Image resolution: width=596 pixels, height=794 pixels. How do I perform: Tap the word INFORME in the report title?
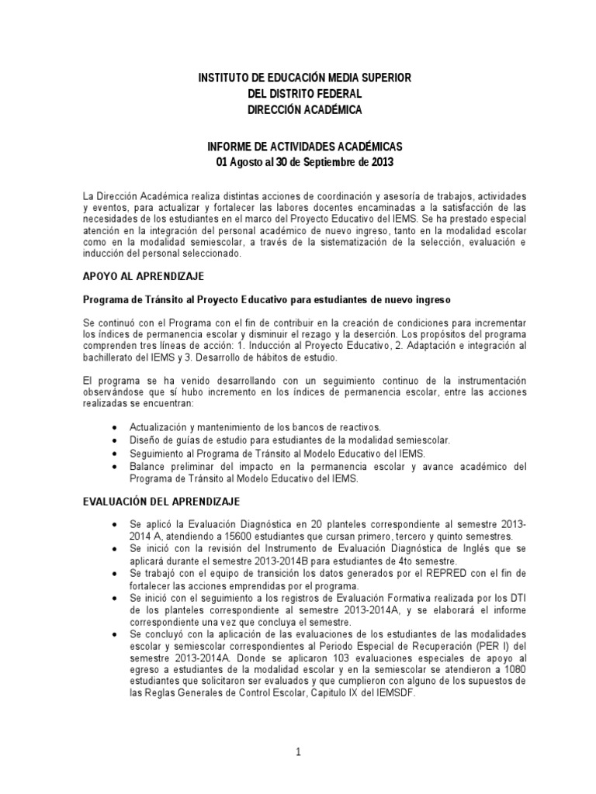coord(233,147)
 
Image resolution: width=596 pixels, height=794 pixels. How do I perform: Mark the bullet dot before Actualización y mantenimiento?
coord(115,427)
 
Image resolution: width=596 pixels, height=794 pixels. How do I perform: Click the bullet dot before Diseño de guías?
coord(115,440)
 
